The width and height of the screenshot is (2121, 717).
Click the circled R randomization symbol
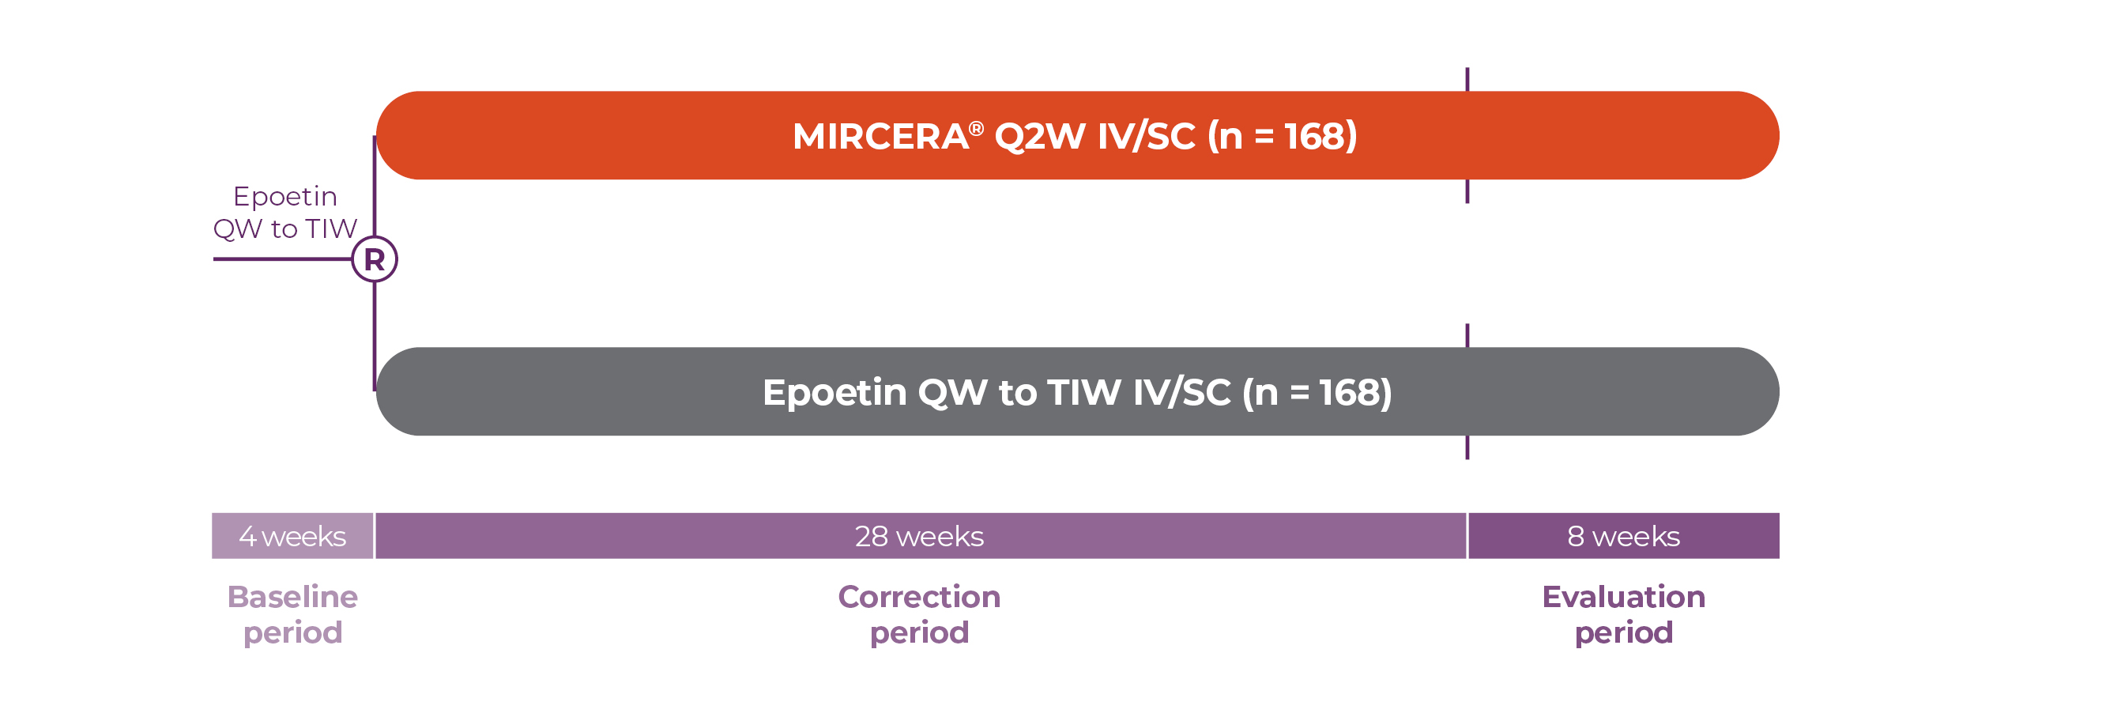point(375,259)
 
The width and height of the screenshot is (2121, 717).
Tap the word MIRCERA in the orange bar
point(880,137)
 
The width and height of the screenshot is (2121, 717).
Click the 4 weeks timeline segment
point(292,536)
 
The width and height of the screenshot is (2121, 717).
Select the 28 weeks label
point(919,537)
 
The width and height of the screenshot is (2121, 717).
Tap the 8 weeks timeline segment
point(1624,536)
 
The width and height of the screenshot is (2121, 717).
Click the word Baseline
point(292,597)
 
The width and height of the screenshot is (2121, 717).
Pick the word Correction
point(920,597)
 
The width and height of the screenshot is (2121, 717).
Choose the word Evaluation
point(1624,597)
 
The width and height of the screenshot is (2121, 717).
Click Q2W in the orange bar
point(1040,138)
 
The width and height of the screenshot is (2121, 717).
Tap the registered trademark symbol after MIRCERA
point(977,128)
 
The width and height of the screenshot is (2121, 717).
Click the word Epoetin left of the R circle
point(285,197)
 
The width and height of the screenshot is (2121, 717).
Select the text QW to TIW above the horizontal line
point(285,228)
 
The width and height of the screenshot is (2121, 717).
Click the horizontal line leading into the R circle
point(282,259)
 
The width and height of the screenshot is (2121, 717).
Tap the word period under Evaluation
point(1624,634)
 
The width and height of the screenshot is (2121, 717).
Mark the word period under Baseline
point(292,634)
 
